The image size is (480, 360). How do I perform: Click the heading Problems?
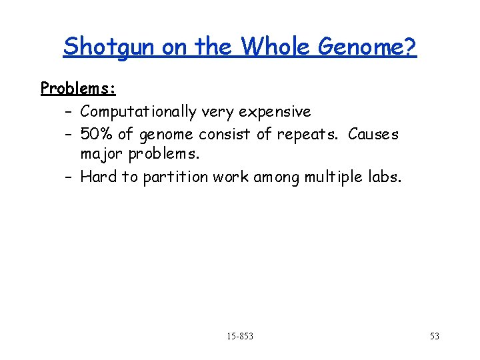tap(78, 88)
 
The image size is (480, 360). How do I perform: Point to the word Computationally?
tap(139, 111)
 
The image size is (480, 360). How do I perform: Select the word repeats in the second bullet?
tap(307, 135)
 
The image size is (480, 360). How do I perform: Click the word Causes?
tap(373, 134)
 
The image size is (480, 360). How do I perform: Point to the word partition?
tap(175, 177)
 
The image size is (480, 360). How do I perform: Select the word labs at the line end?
tap(385, 177)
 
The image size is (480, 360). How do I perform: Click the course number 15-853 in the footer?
tap(239, 336)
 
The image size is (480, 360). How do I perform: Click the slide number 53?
tap(434, 336)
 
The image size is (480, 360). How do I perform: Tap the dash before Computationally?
tap(69, 111)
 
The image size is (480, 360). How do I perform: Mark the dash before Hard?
tap(69, 177)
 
